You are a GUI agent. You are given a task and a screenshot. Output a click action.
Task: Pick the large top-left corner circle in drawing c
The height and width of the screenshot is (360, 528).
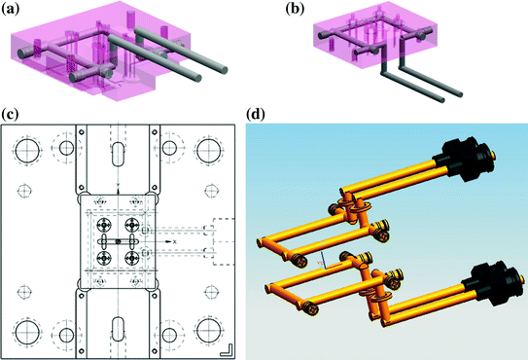(x=27, y=149)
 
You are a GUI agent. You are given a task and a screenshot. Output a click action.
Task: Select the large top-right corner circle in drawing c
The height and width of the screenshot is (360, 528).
(x=207, y=149)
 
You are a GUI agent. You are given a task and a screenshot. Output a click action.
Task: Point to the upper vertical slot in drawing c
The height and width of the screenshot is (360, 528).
(x=117, y=158)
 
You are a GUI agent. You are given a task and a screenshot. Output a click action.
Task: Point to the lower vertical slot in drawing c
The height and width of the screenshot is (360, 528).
(x=117, y=327)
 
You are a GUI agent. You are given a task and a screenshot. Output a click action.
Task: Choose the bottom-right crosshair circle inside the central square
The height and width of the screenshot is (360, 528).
(x=130, y=257)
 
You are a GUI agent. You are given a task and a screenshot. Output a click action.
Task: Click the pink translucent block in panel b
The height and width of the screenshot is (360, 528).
(x=360, y=34)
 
